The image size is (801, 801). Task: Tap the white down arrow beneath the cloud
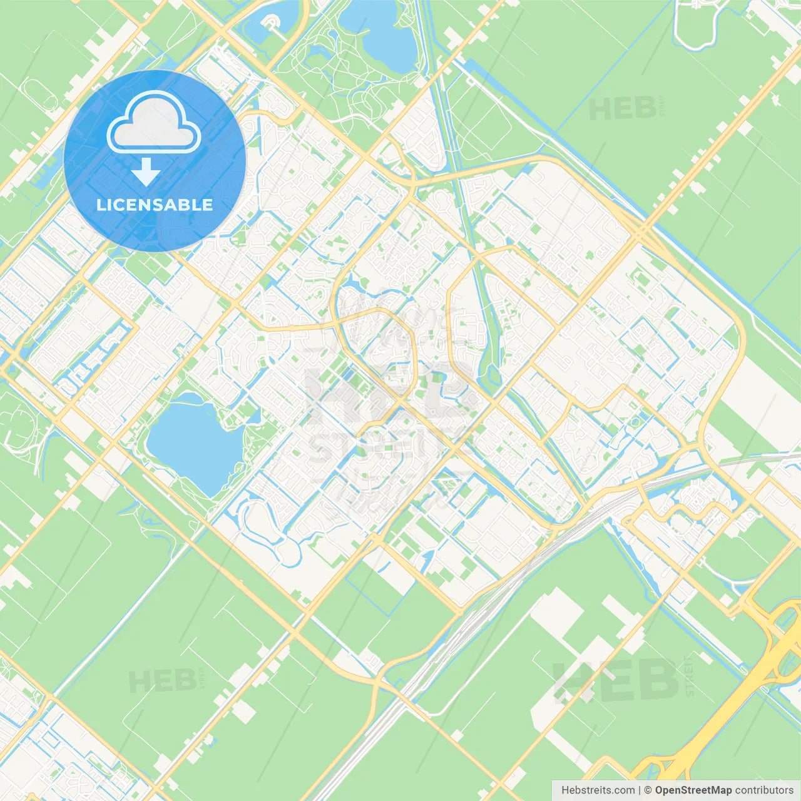[x=146, y=172]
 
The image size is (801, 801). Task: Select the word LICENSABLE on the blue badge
[x=155, y=205]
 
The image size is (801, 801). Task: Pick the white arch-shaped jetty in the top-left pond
[x=270, y=23]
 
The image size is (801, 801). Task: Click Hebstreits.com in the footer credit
[x=598, y=790]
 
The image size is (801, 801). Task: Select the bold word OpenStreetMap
[x=693, y=790]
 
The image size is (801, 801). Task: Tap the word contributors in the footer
[x=764, y=790]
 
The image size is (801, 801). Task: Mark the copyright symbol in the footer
[x=648, y=790]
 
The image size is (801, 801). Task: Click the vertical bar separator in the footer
[x=640, y=790]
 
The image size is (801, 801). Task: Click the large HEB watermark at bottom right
[x=616, y=681]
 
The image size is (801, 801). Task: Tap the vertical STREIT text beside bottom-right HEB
[x=690, y=677]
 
